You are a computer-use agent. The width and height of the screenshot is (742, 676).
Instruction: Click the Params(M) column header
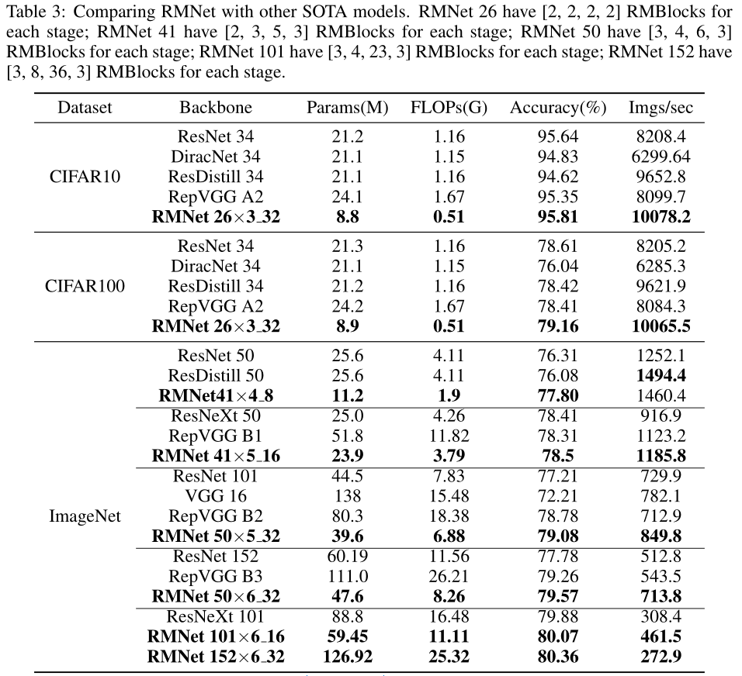[348, 108]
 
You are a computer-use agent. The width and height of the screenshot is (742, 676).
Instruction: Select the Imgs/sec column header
[661, 108]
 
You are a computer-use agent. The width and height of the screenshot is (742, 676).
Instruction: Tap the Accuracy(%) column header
[558, 108]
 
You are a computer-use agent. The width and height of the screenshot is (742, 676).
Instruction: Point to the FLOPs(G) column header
[449, 108]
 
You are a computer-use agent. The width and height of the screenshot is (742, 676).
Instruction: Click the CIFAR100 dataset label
[85, 286]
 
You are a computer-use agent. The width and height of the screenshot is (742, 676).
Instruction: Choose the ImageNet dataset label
[85, 516]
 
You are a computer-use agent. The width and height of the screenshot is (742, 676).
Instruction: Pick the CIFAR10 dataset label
[85, 177]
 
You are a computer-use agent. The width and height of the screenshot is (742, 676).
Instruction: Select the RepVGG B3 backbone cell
[216, 576]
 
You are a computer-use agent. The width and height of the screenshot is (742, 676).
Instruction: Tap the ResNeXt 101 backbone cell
[216, 617]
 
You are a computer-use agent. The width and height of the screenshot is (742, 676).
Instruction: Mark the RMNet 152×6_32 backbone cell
[216, 657]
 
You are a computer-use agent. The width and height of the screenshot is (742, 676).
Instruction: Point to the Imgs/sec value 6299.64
[661, 157]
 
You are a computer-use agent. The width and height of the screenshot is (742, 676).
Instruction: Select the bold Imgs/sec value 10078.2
[661, 217]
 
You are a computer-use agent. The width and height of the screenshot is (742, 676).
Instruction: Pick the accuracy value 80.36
[558, 657]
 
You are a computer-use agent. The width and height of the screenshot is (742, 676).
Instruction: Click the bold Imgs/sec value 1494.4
[661, 376]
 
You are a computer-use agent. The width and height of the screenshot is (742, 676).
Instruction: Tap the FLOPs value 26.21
[449, 576]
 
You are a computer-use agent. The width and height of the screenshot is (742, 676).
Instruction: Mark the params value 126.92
[348, 657]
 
